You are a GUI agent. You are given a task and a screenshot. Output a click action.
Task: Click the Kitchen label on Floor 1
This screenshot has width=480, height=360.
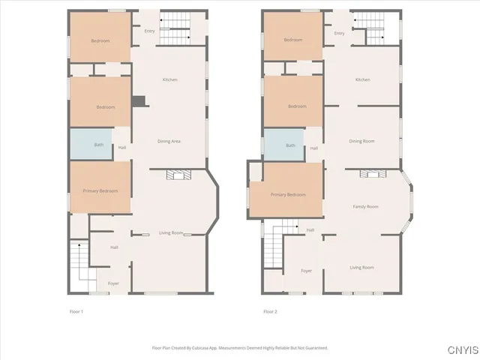tap(170, 79)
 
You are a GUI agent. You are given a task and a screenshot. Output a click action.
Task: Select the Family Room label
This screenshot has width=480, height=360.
tap(365, 206)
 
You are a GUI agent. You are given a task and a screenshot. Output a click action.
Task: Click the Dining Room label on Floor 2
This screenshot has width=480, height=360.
tap(361, 141)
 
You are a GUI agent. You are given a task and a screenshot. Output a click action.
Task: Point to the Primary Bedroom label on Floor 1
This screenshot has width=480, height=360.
tap(100, 191)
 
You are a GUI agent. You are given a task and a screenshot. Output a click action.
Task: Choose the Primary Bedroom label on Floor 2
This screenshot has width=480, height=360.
tap(288, 194)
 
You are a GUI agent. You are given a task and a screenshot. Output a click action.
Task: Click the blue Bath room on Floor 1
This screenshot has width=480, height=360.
tap(91, 143)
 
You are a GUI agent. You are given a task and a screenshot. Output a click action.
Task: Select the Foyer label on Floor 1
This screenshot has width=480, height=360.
tap(113, 283)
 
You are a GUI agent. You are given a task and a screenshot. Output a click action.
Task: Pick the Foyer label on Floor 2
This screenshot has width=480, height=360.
tap(306, 270)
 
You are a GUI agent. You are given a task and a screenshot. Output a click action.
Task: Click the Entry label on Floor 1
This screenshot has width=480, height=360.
tap(149, 31)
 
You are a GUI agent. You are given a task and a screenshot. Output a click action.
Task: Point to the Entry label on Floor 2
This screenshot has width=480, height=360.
tap(339, 33)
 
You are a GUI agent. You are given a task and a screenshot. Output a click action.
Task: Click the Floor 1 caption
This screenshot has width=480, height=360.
tap(76, 310)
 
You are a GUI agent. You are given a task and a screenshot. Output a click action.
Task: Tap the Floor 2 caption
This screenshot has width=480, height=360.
tap(270, 310)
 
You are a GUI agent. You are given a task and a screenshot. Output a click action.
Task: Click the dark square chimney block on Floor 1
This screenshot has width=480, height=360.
tap(138, 101)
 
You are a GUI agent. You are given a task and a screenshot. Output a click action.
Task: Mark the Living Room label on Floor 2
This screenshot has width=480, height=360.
tap(361, 267)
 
